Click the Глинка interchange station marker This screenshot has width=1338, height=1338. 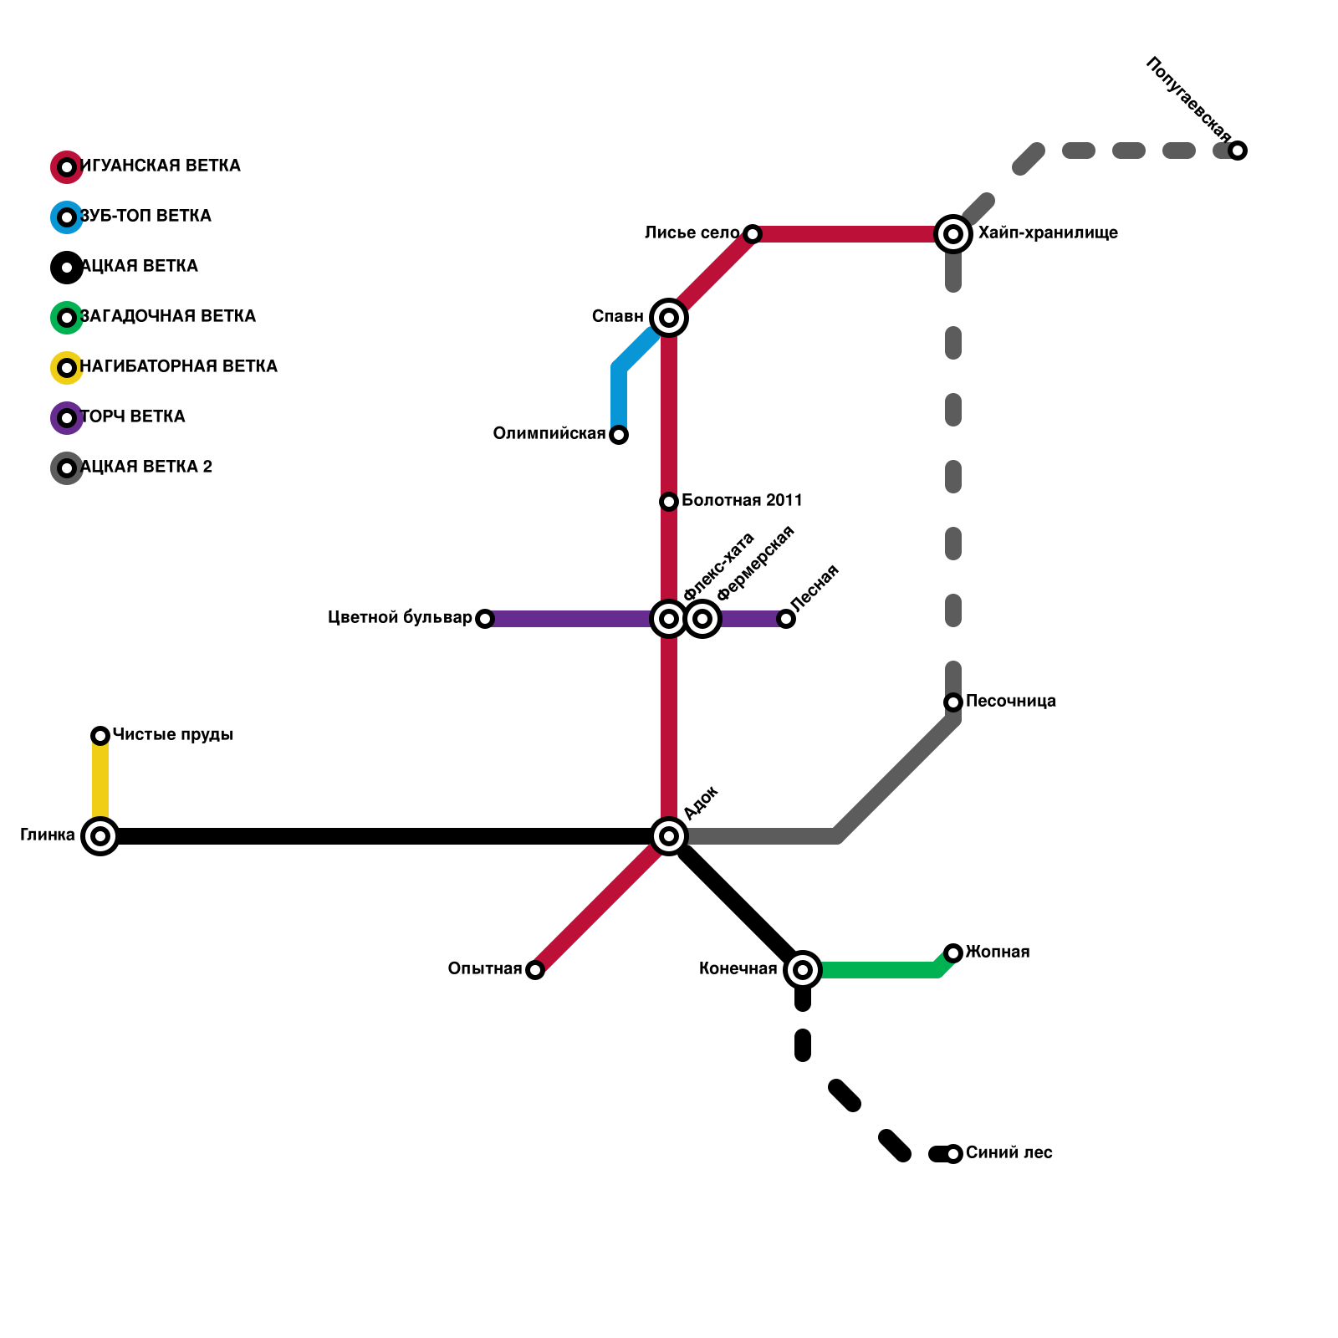coord(100,836)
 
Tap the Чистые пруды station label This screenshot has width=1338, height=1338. coord(172,735)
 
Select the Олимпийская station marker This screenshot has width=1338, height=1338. coord(619,435)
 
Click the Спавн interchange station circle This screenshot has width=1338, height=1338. coord(669,318)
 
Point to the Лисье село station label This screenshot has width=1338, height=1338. coord(692,233)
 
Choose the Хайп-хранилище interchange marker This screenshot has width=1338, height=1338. coord(953,233)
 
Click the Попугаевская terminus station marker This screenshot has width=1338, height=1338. coord(1238,151)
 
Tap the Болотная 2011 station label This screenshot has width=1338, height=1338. coord(742,501)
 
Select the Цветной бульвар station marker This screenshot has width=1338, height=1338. coord(485,619)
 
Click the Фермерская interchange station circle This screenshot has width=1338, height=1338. coord(703,619)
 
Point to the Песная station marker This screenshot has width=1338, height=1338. coord(786,619)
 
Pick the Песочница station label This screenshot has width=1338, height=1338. coord(1010,702)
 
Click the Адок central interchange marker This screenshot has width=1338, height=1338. coord(669,836)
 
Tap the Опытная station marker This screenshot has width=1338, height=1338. coord(535,970)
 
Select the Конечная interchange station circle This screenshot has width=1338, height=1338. coord(803,970)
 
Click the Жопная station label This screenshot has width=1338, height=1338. coord(997,952)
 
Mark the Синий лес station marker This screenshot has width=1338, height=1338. coord(953,1154)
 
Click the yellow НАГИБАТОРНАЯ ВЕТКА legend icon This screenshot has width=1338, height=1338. coord(67,368)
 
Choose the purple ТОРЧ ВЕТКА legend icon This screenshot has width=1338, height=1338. coord(67,418)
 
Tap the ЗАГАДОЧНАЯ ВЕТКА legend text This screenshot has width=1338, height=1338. coord(168,317)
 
